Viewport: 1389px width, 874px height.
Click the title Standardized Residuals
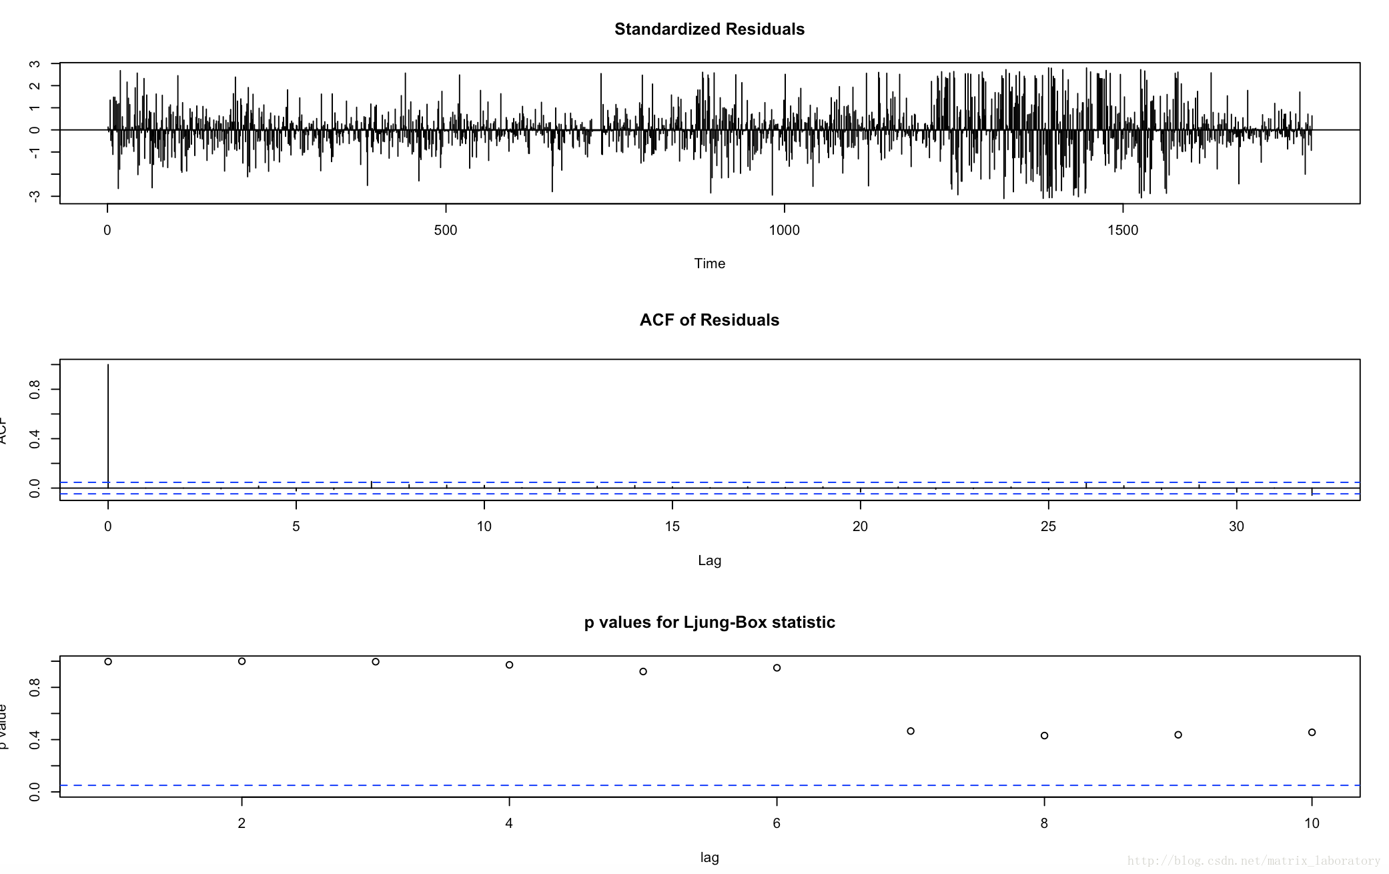(x=709, y=29)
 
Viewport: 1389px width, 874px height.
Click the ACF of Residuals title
(x=709, y=320)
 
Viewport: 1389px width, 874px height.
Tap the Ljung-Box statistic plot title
(x=709, y=622)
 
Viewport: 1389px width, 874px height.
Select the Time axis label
(x=709, y=264)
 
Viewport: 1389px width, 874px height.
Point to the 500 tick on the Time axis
(x=446, y=231)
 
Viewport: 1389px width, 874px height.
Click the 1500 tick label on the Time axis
(x=1123, y=231)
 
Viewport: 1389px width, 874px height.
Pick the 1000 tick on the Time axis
(x=784, y=231)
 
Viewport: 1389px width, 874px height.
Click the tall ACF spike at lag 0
(x=108, y=427)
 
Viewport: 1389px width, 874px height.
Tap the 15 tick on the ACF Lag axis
(x=672, y=527)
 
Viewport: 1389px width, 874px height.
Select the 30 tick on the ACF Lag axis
(x=1236, y=527)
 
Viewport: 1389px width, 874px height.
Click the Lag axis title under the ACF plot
(x=709, y=560)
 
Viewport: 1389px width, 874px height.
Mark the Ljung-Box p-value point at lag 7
(x=911, y=731)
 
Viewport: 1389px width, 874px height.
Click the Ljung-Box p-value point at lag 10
(x=1312, y=733)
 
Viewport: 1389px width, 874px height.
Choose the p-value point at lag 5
(x=643, y=672)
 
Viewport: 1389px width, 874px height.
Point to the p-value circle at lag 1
(x=108, y=662)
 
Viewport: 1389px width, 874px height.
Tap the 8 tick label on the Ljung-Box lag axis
(x=1044, y=824)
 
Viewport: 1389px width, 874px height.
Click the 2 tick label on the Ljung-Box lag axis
(x=242, y=824)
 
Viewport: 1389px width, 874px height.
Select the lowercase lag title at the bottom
(x=709, y=858)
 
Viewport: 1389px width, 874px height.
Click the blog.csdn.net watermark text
(x=1254, y=861)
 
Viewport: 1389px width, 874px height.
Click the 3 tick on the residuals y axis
(x=35, y=64)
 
